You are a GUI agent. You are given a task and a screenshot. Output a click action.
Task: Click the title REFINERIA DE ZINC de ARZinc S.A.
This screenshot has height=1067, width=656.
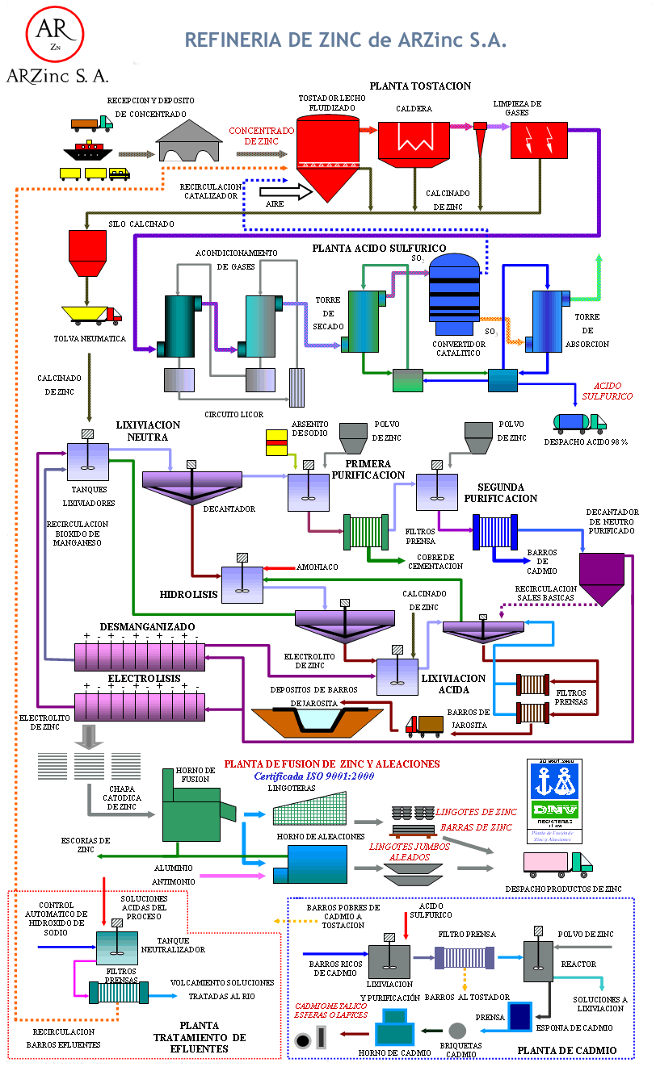coord(346,40)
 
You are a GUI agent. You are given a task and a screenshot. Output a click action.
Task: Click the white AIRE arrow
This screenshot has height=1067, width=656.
coord(284,191)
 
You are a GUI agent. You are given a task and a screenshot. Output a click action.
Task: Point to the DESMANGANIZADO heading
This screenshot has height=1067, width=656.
coord(136,627)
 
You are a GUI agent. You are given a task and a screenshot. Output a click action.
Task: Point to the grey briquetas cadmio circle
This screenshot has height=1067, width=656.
coord(457,1030)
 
